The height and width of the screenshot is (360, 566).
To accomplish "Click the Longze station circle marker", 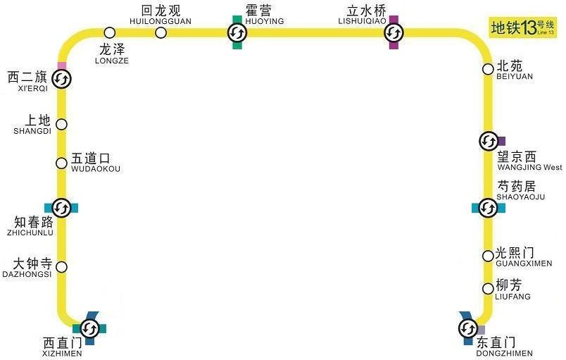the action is [109, 32].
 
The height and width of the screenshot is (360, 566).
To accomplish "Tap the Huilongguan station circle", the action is [161, 32].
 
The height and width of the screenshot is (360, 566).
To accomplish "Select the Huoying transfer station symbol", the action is [237, 32].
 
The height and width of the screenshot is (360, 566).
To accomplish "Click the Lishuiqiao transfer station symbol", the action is [393, 32].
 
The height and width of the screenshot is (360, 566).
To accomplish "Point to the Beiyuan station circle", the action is [488, 69].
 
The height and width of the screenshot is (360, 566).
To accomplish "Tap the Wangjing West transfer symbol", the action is [488, 141].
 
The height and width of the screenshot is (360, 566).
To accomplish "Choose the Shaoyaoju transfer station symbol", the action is [487, 208].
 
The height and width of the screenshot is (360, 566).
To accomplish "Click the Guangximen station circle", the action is [488, 256].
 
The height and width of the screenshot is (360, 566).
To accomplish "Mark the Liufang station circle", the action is [488, 289].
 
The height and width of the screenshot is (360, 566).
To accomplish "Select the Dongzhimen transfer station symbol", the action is [468, 328].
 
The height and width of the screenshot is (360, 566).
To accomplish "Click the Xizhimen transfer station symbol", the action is [89, 328].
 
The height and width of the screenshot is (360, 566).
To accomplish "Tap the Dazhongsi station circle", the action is [61, 267].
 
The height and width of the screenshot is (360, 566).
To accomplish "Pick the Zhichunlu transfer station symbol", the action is [61, 208].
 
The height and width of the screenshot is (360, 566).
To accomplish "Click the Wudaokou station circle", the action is [61, 163].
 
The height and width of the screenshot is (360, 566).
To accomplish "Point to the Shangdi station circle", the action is [61, 125].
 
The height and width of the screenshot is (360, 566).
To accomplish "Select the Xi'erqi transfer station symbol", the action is [61, 80].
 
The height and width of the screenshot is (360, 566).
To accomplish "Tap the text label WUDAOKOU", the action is [96, 170].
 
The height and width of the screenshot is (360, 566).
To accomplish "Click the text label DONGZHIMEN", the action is [505, 353].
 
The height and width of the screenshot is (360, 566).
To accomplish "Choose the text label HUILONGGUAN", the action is [161, 22].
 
